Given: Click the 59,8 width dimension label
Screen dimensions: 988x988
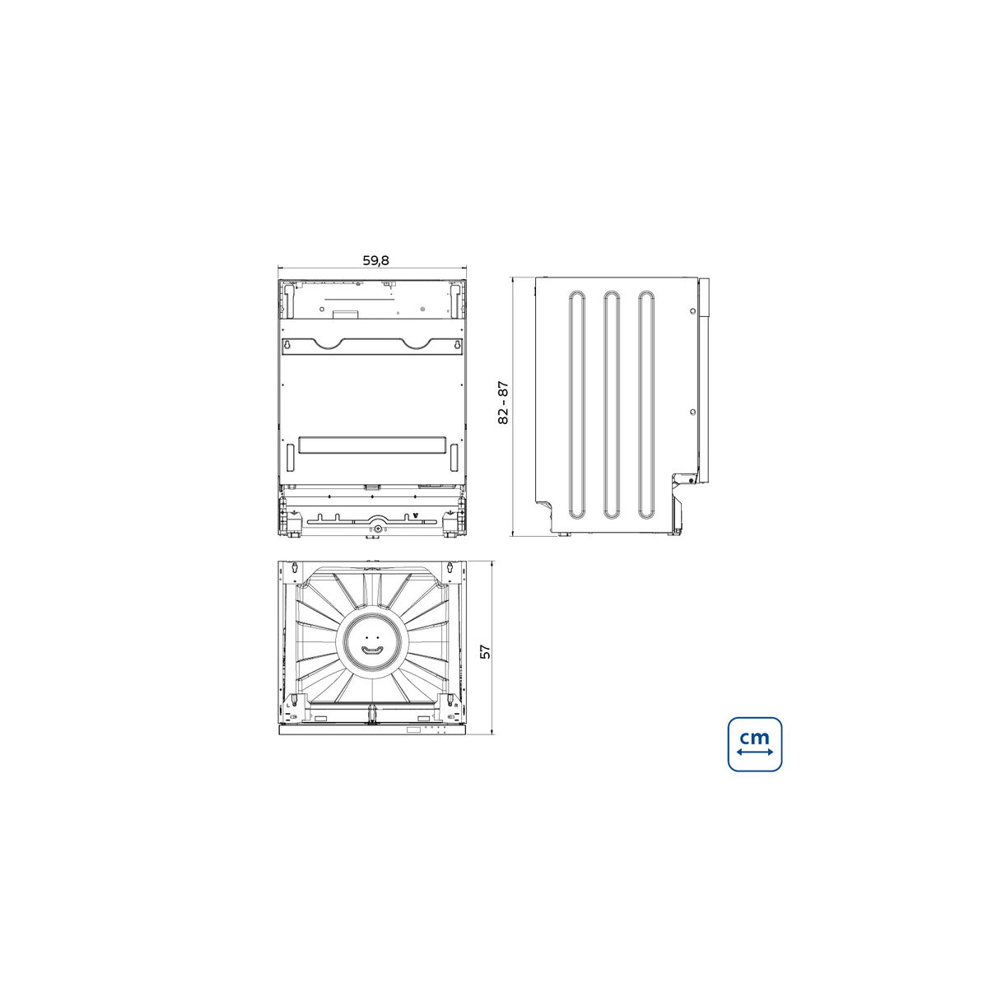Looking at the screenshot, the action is pos(375,260).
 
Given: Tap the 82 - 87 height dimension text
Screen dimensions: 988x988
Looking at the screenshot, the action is pos(504,402).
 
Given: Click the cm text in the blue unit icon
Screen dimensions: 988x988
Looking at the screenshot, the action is pos(755,738).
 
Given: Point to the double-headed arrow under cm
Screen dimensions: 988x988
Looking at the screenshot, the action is pos(755,753).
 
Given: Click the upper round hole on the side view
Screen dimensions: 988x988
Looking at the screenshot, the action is pos(692,311).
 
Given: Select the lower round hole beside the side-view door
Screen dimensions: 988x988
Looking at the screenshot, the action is pos(692,412).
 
